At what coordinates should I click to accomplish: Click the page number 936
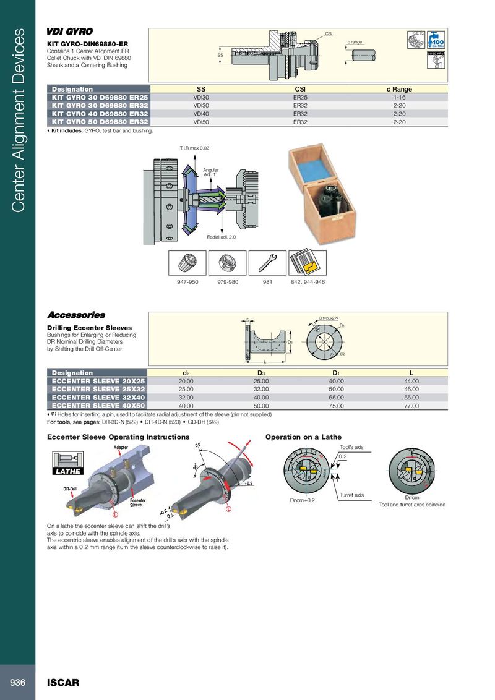pos(17,682)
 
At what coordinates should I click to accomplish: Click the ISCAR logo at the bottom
pos(64,683)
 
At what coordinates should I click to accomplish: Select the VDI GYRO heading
pos(70,32)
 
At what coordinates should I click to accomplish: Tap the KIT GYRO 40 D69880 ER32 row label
pos(98,114)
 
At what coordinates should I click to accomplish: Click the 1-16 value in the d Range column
pos(399,97)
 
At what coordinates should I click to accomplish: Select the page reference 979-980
pos(228,282)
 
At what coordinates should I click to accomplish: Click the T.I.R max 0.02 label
pos(195,148)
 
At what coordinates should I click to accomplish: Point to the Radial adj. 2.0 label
pos(222,237)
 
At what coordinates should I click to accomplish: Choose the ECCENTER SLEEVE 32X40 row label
pos(98,398)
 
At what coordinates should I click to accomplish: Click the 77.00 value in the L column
pos(410,406)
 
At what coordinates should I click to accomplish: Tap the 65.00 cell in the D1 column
pos(336,398)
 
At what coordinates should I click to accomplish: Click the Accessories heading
pos(76,315)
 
